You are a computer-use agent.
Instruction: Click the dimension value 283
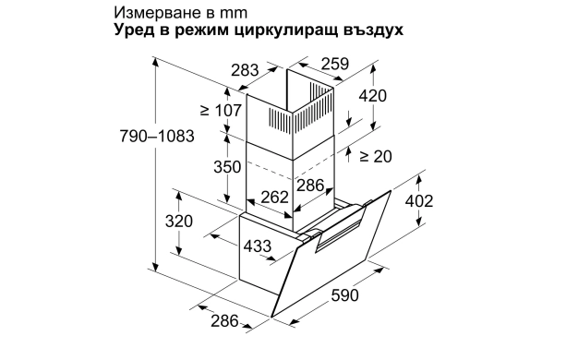(x=245, y=70)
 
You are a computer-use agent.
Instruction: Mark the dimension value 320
(x=178, y=221)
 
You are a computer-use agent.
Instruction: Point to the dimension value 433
(x=257, y=246)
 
